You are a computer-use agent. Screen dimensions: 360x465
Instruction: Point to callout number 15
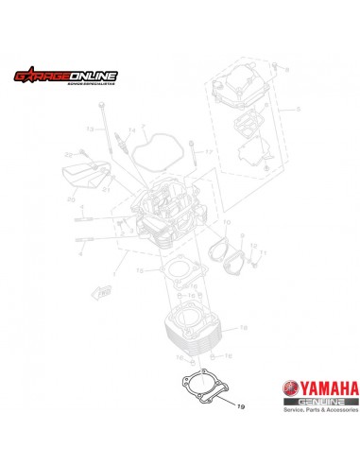(140, 270)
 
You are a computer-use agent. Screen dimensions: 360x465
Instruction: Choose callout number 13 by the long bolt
(91, 128)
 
